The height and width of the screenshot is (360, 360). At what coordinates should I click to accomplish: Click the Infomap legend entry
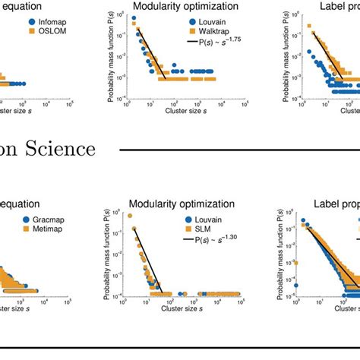(x=46, y=22)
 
